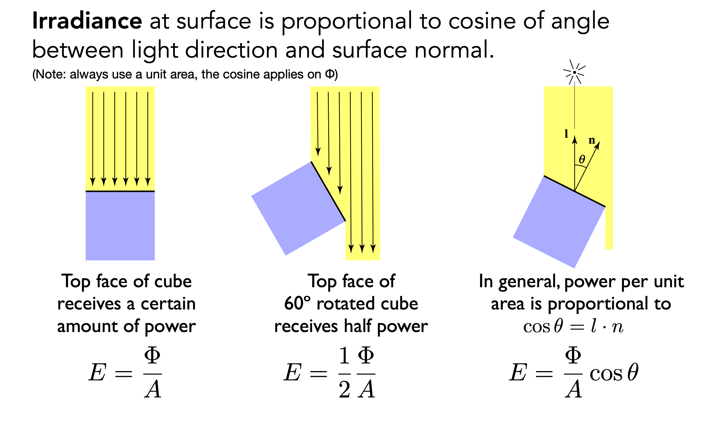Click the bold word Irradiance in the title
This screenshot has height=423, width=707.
pyautogui.click(x=87, y=21)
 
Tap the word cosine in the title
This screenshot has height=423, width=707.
pyautogui.click(x=482, y=21)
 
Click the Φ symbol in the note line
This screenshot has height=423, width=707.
pyautogui.click(x=329, y=74)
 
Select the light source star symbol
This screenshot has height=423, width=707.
pyautogui.click(x=574, y=72)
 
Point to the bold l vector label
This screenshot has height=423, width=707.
pyautogui.click(x=566, y=133)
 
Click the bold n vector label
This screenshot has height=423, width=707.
pyautogui.click(x=592, y=140)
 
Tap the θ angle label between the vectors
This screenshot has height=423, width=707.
pyautogui.click(x=582, y=159)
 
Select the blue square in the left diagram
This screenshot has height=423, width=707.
pyautogui.click(x=120, y=226)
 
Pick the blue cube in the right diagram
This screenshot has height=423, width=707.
pyautogui.click(x=558, y=222)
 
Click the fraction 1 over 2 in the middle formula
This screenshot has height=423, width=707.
pyautogui.click(x=344, y=373)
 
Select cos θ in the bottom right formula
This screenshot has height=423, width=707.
pyautogui.click(x=614, y=373)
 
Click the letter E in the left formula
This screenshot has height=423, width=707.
pyautogui.click(x=97, y=373)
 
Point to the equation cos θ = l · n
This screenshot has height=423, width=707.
pyautogui.click(x=573, y=327)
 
